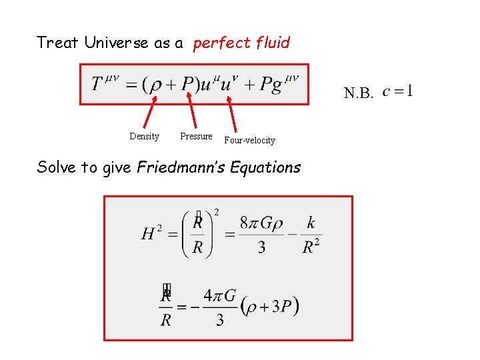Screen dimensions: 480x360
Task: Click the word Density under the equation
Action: point(144,137)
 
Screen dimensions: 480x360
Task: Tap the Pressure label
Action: point(196,136)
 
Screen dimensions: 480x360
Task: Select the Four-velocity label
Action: point(249,140)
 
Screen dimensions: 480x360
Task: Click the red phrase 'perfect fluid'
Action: point(241,43)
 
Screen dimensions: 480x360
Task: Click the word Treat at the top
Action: point(59,43)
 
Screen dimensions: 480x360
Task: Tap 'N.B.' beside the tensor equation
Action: point(358,93)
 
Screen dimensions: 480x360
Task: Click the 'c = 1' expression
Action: point(397,90)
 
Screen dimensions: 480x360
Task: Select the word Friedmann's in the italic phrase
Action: point(181,167)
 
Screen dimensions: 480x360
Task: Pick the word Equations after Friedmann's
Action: point(265,167)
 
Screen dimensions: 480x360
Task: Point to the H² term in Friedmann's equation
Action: point(152,233)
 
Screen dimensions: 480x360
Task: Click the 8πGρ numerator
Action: point(261,223)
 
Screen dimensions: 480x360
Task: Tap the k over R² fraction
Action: point(311,235)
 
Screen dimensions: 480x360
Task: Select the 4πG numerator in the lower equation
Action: point(219,295)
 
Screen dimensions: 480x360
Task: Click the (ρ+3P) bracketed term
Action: point(269,307)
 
